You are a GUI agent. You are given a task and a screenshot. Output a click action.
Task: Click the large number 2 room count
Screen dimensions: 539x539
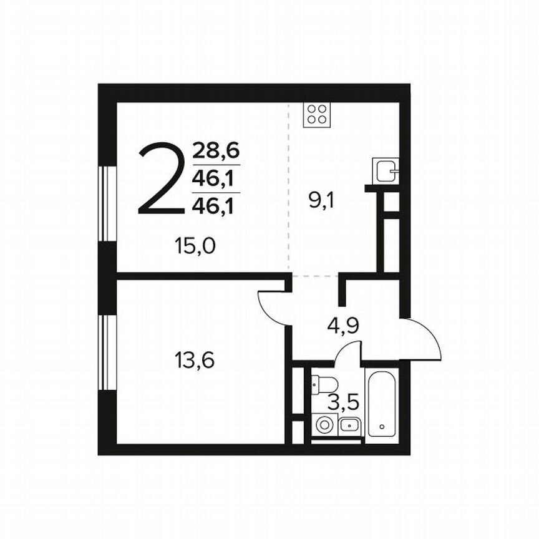160,180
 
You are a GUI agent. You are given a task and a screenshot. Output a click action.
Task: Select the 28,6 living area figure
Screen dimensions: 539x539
216,150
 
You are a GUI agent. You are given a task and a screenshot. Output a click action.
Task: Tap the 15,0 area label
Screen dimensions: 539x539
195,248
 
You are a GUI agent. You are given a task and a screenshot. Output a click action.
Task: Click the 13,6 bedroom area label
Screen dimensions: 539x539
195,360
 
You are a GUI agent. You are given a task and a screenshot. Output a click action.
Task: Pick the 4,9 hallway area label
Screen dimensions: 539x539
342,326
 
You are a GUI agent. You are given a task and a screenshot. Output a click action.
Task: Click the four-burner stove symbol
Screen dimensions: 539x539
318,114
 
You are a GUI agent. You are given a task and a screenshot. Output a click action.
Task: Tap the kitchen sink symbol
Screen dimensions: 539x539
385,169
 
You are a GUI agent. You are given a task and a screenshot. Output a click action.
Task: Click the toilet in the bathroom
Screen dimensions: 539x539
324,383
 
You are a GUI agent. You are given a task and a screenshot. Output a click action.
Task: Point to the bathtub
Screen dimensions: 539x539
381,404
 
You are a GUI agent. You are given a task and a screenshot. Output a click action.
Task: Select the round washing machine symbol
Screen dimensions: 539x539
324,426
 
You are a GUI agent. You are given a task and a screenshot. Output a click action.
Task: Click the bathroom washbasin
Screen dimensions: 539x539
350,427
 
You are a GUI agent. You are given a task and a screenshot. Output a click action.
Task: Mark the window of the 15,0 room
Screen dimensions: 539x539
108,203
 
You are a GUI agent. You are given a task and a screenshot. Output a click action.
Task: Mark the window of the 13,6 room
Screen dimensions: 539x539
108,353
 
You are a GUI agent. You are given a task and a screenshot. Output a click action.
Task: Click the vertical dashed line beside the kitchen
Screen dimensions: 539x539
289,187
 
